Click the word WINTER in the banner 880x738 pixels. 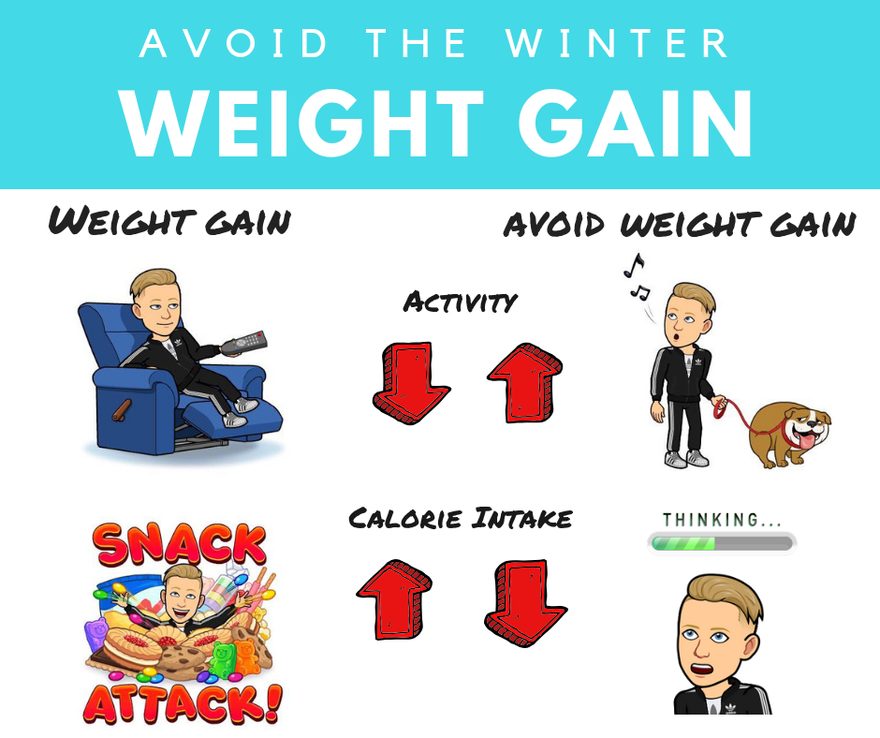click(x=617, y=43)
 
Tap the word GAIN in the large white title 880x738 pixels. click(x=635, y=123)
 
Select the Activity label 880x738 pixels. click(x=460, y=303)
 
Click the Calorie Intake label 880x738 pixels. click(x=461, y=518)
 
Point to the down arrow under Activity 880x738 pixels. click(x=411, y=382)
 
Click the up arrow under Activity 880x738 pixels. click(x=525, y=383)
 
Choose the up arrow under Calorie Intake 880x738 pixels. click(x=394, y=598)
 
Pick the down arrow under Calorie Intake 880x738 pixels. click(x=525, y=602)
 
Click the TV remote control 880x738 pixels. click(x=243, y=343)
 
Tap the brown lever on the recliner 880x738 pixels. click(x=122, y=410)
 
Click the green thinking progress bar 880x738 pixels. click(x=721, y=543)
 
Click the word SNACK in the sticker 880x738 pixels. click(x=181, y=544)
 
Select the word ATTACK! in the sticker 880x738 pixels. click(x=183, y=702)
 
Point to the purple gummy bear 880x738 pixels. click(x=95, y=635)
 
